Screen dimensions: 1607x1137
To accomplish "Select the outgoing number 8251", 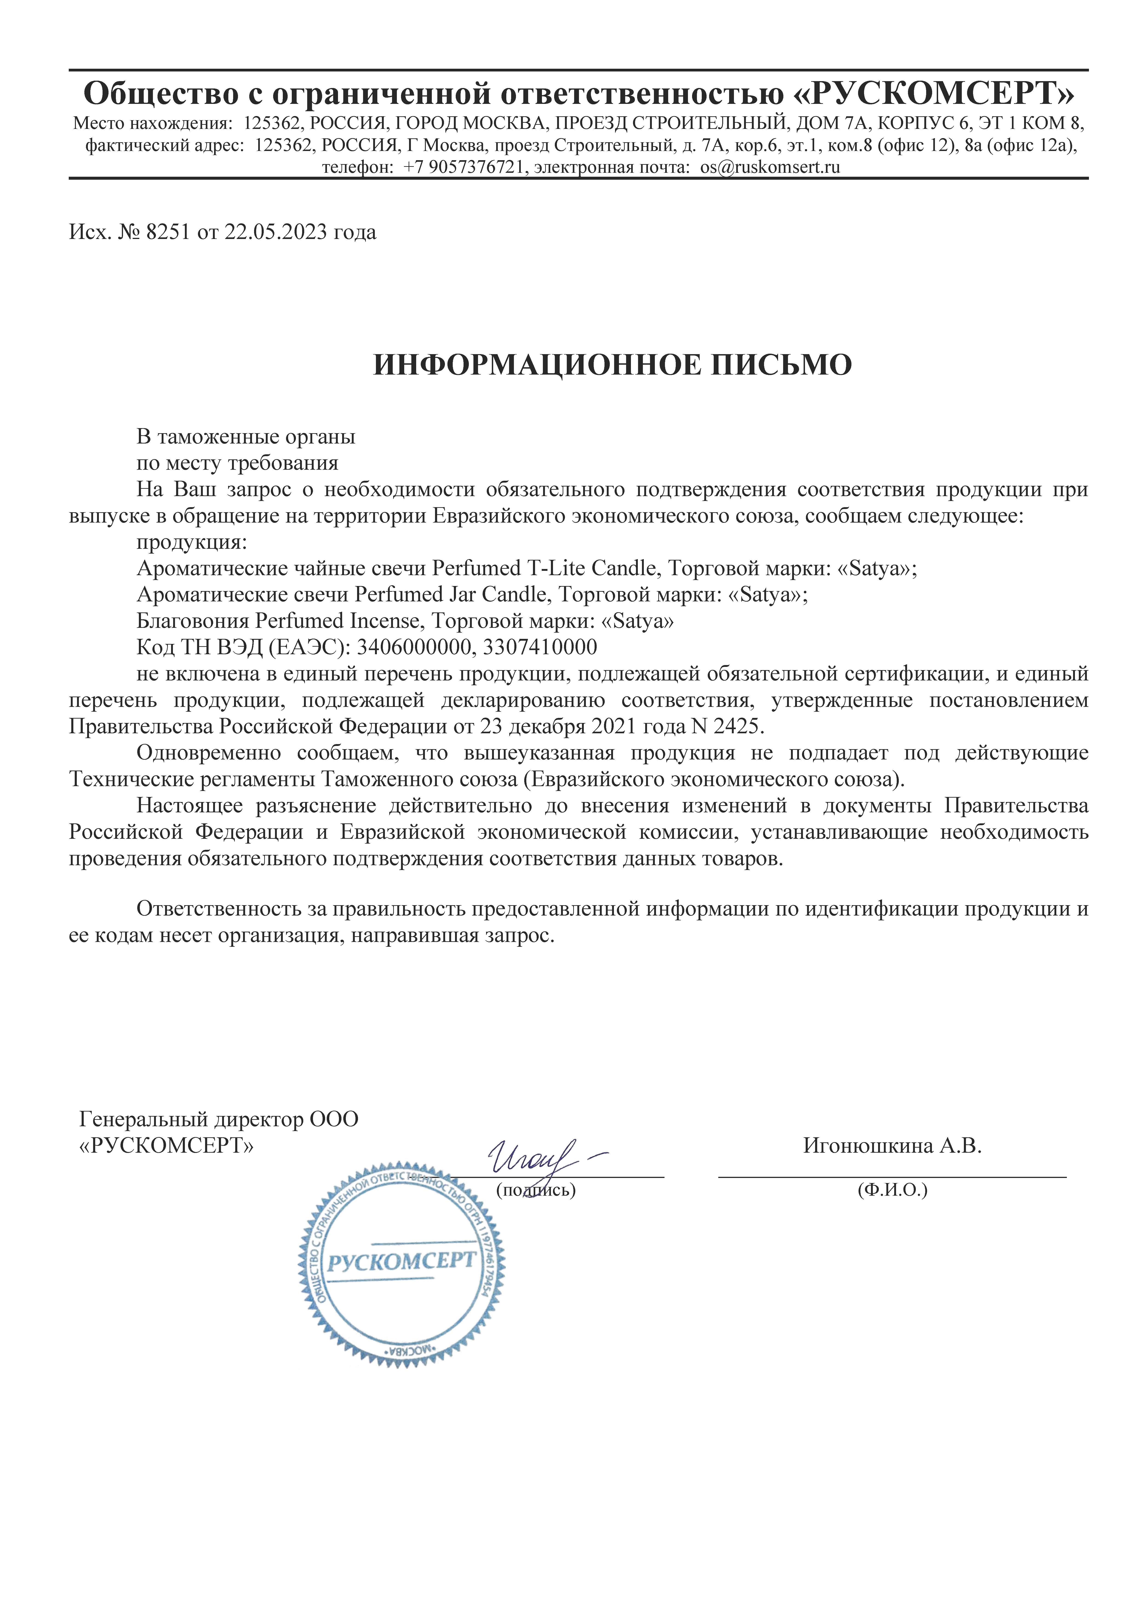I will pyautogui.click(x=168, y=232).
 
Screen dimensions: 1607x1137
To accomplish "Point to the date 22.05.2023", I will pyautogui.click(x=275, y=232).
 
